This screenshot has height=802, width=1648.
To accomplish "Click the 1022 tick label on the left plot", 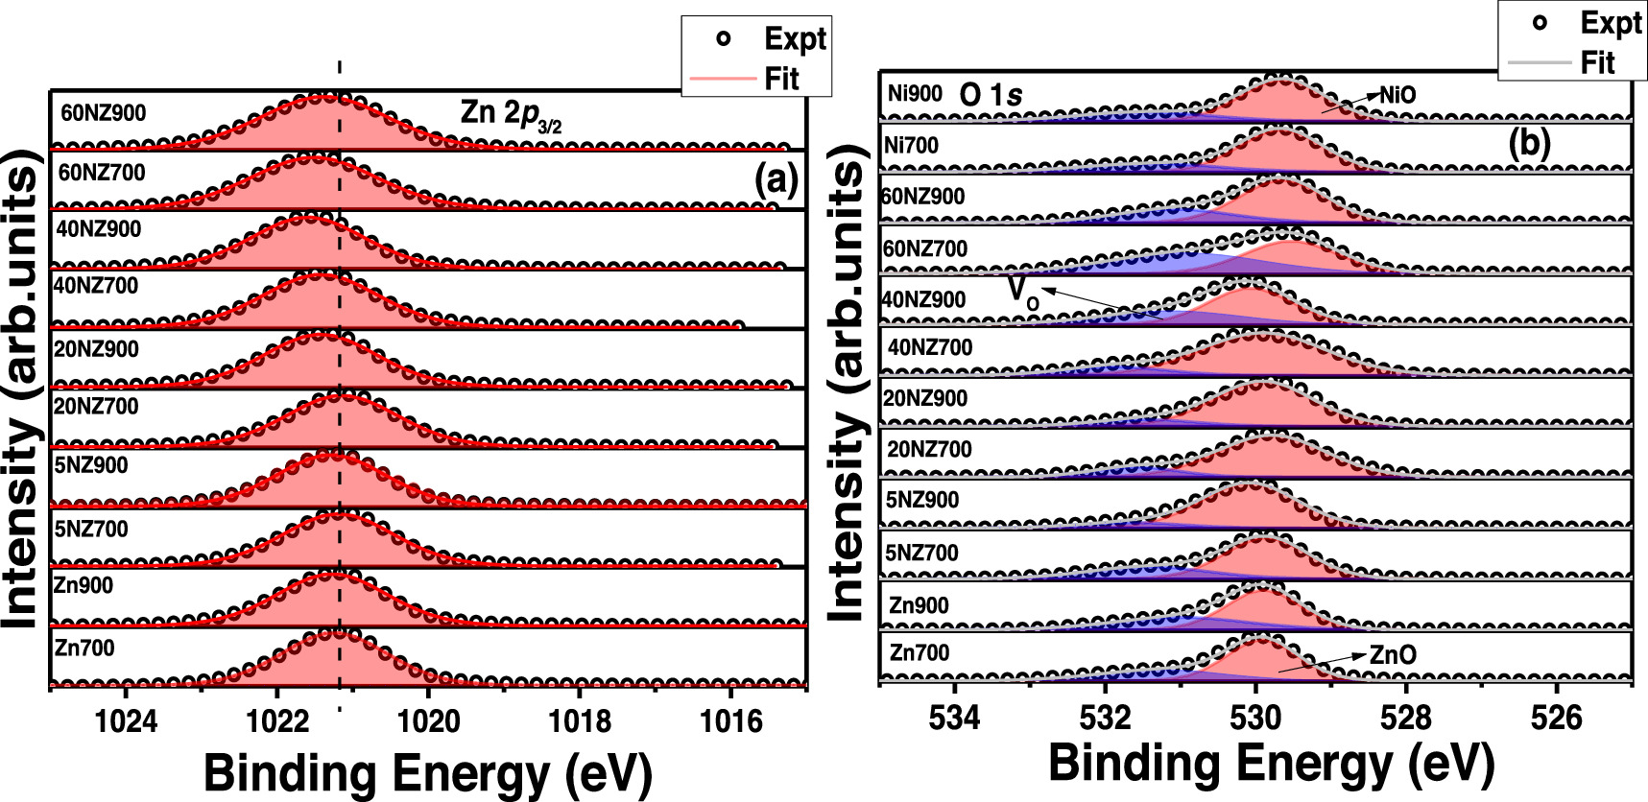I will pyautogui.click(x=276, y=720).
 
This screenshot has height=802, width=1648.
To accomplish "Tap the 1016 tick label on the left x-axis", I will pyautogui.click(x=732, y=720).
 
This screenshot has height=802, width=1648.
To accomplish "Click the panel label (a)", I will pyautogui.click(x=776, y=180).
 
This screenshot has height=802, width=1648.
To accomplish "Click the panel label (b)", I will pyautogui.click(x=1529, y=143).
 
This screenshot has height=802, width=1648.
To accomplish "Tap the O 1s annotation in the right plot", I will pyautogui.click(x=991, y=94).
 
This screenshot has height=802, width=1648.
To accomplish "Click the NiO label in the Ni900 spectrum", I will pyautogui.click(x=1397, y=94).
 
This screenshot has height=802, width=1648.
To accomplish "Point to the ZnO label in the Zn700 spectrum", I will pyautogui.click(x=1393, y=655).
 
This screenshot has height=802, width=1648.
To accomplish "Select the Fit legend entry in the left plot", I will pyautogui.click(x=781, y=79).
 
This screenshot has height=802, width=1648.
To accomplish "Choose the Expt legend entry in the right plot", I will pyautogui.click(x=1610, y=23).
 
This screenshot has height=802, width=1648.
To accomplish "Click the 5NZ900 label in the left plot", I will pyautogui.click(x=91, y=465).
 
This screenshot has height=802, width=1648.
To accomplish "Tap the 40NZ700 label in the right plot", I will pyautogui.click(x=930, y=347).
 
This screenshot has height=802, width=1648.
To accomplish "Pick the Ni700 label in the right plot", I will pyautogui.click(x=913, y=146).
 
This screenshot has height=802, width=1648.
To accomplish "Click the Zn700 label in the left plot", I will pyautogui.click(x=84, y=648).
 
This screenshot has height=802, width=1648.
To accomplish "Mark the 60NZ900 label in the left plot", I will pyautogui.click(x=103, y=113).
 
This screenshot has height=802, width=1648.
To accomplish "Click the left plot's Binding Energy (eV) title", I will pyautogui.click(x=428, y=773).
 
